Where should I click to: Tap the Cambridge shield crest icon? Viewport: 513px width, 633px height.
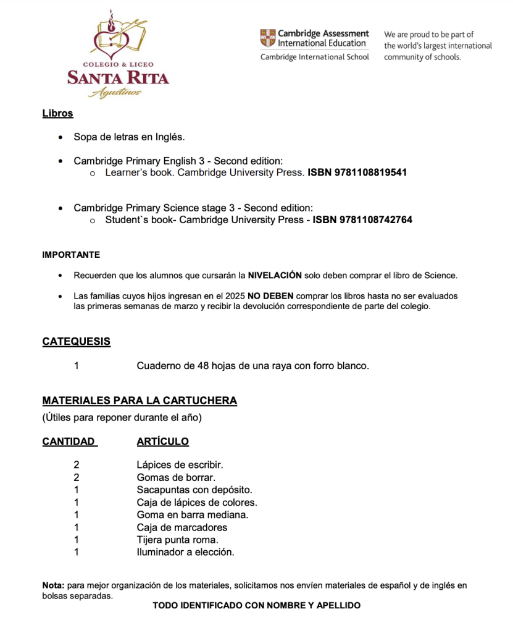[267, 38]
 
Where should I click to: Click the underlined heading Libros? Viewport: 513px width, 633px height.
[57, 113]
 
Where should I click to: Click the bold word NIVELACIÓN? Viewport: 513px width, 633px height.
[275, 275]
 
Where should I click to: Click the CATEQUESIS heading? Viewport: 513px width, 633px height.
[77, 341]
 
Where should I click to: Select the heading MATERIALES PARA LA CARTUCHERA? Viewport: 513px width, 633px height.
[140, 401]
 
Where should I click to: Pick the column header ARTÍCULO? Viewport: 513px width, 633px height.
[162, 441]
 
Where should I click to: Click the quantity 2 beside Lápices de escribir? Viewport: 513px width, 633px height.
[77, 464]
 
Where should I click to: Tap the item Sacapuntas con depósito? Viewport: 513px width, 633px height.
[194, 490]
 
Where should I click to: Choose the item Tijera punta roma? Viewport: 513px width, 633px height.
[178, 540]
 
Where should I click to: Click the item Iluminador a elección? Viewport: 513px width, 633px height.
[185, 552]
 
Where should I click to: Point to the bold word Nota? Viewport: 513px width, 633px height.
[53, 585]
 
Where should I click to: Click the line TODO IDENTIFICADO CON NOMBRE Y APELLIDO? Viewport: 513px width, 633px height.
[256, 605]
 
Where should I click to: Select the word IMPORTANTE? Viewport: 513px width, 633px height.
[71, 255]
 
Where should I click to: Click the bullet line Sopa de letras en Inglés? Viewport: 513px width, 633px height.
[129, 137]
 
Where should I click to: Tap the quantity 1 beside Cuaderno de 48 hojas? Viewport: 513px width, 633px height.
[77, 365]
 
